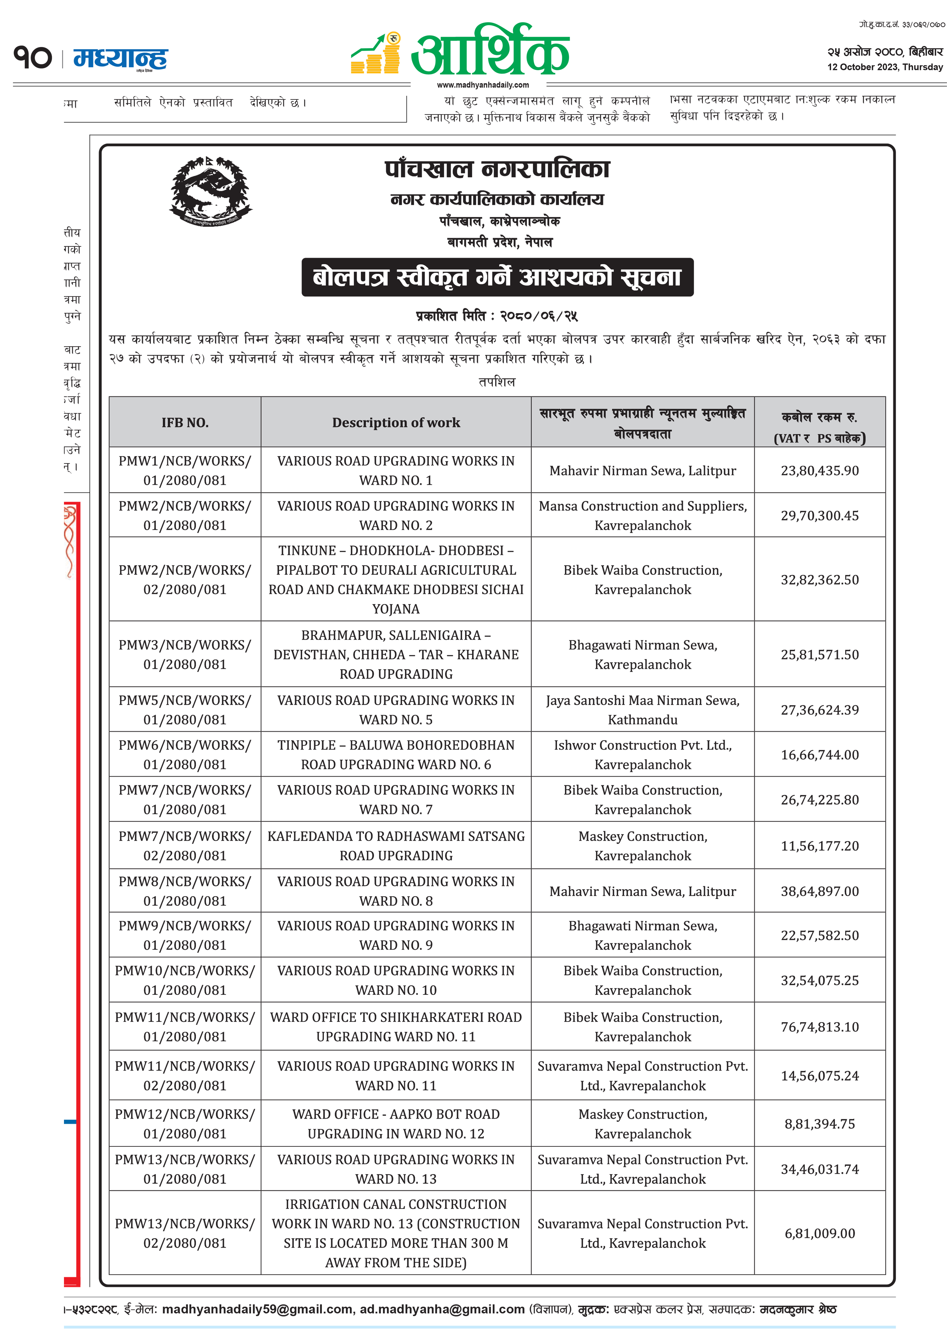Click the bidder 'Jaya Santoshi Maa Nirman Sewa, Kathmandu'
(x=642, y=710)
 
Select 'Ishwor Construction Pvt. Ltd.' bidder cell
(x=642, y=755)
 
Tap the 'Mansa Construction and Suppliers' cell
(x=642, y=516)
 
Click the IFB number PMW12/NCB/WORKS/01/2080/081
(x=185, y=1124)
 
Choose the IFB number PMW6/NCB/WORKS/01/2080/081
(x=185, y=755)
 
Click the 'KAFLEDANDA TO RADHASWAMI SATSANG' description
(x=396, y=846)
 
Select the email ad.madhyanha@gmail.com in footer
(x=442, y=1309)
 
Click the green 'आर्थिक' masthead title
(x=490, y=51)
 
